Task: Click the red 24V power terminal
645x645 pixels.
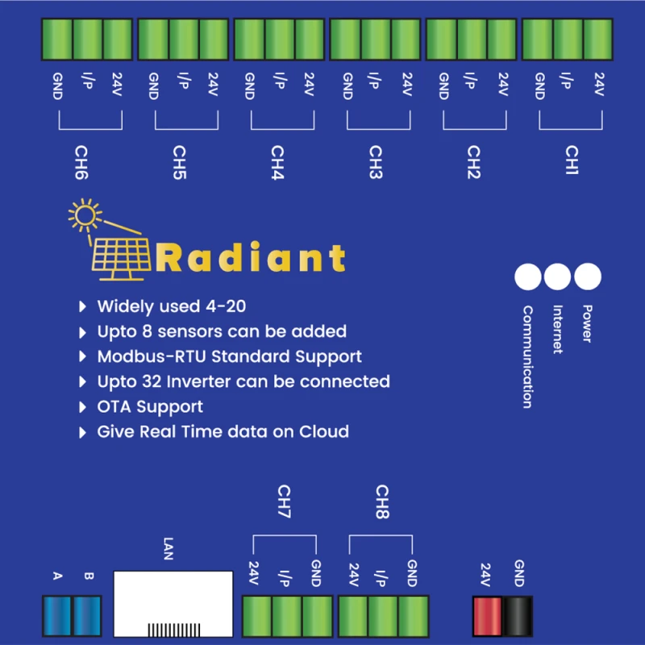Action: click(486, 617)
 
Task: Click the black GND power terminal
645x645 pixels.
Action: click(518, 617)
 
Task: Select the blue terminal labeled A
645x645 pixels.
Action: click(56, 617)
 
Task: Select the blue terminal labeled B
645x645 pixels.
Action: click(88, 617)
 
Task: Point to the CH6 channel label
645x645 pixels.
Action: click(81, 161)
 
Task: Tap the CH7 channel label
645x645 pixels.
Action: click(284, 501)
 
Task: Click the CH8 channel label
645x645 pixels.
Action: click(382, 501)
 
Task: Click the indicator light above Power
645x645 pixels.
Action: click(587, 277)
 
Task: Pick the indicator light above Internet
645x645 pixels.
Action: click(557, 277)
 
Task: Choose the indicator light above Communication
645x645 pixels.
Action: click(528, 277)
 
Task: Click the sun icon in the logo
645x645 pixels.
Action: click(84, 215)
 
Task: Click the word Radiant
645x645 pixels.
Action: click(252, 258)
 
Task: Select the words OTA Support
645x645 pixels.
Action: click(150, 406)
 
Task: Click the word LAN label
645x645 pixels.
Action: click(168, 551)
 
